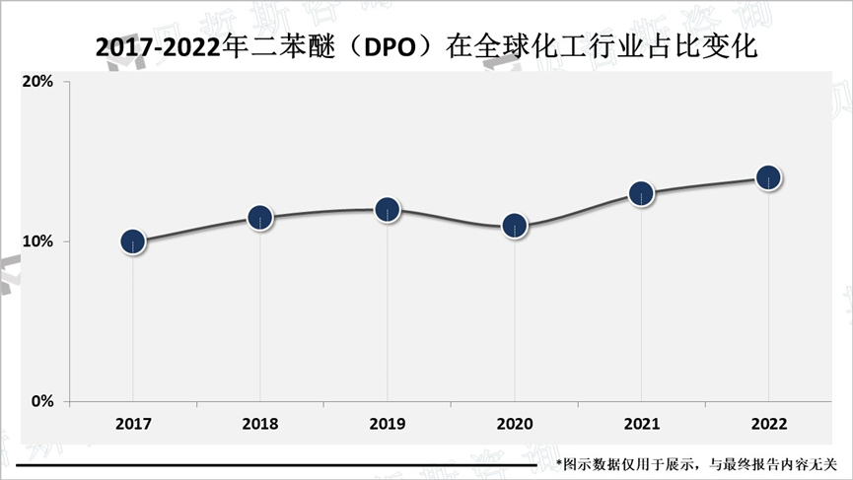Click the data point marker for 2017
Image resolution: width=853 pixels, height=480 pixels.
(133, 241)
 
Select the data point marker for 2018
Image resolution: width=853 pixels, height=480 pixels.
(260, 218)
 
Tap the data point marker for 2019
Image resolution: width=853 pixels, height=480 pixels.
(388, 210)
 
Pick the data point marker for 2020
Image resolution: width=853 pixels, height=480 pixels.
(515, 226)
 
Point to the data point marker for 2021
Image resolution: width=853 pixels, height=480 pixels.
(641, 193)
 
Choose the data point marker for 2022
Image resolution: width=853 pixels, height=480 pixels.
(768, 177)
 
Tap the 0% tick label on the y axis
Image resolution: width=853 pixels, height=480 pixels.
(41, 401)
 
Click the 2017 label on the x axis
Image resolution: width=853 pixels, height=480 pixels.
(133, 425)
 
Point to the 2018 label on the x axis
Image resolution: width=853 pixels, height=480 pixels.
(260, 425)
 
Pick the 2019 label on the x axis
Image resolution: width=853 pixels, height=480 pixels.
(388, 425)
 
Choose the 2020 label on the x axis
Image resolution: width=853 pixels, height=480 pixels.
(515, 425)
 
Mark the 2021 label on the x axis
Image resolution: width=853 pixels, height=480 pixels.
(641, 425)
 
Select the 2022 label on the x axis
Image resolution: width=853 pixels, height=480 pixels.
(768, 425)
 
